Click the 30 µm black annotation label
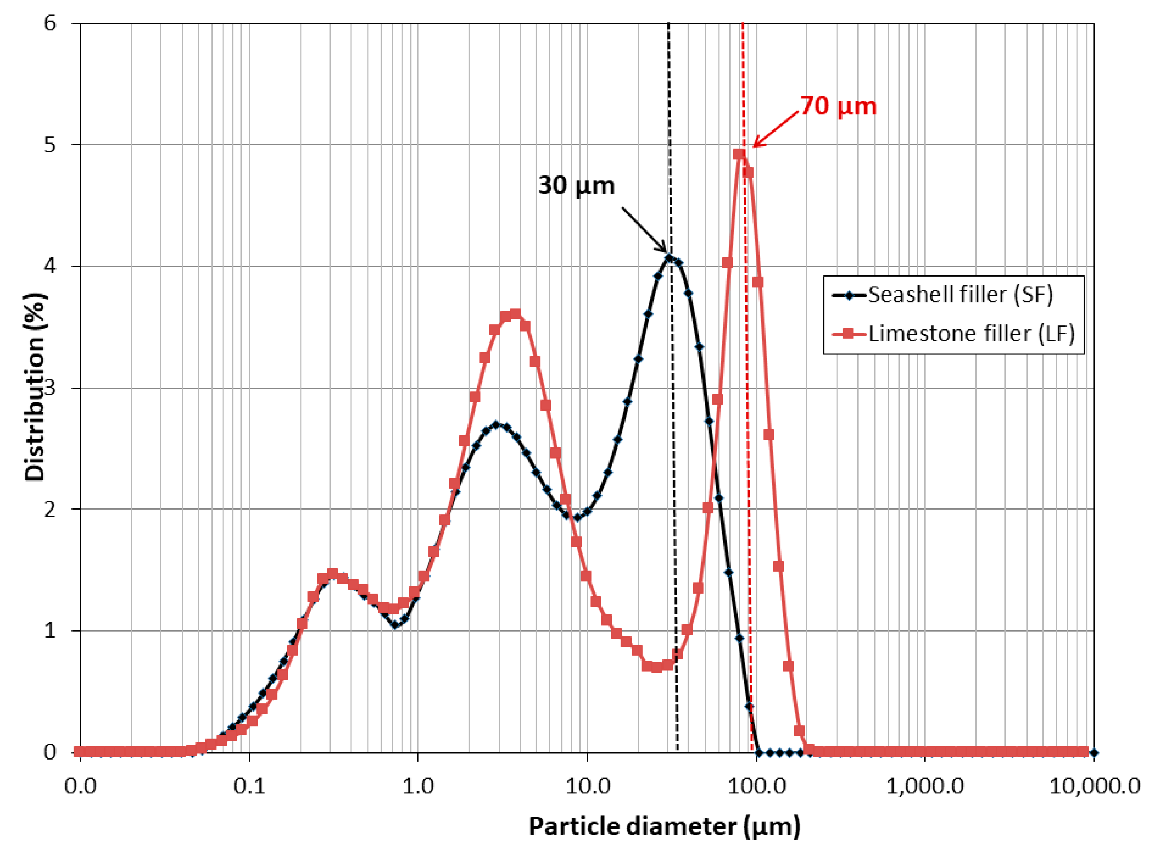click(x=576, y=185)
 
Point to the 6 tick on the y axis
click(x=50, y=23)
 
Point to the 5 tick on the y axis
click(x=50, y=145)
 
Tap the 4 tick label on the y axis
click(x=50, y=266)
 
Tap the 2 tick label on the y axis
click(x=50, y=510)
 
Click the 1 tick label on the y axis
click(x=50, y=631)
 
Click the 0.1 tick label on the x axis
click(x=249, y=787)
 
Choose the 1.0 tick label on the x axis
click(x=417, y=787)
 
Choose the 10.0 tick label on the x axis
click(x=587, y=787)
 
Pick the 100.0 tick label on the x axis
click(x=756, y=787)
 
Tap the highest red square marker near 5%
click(x=739, y=154)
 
